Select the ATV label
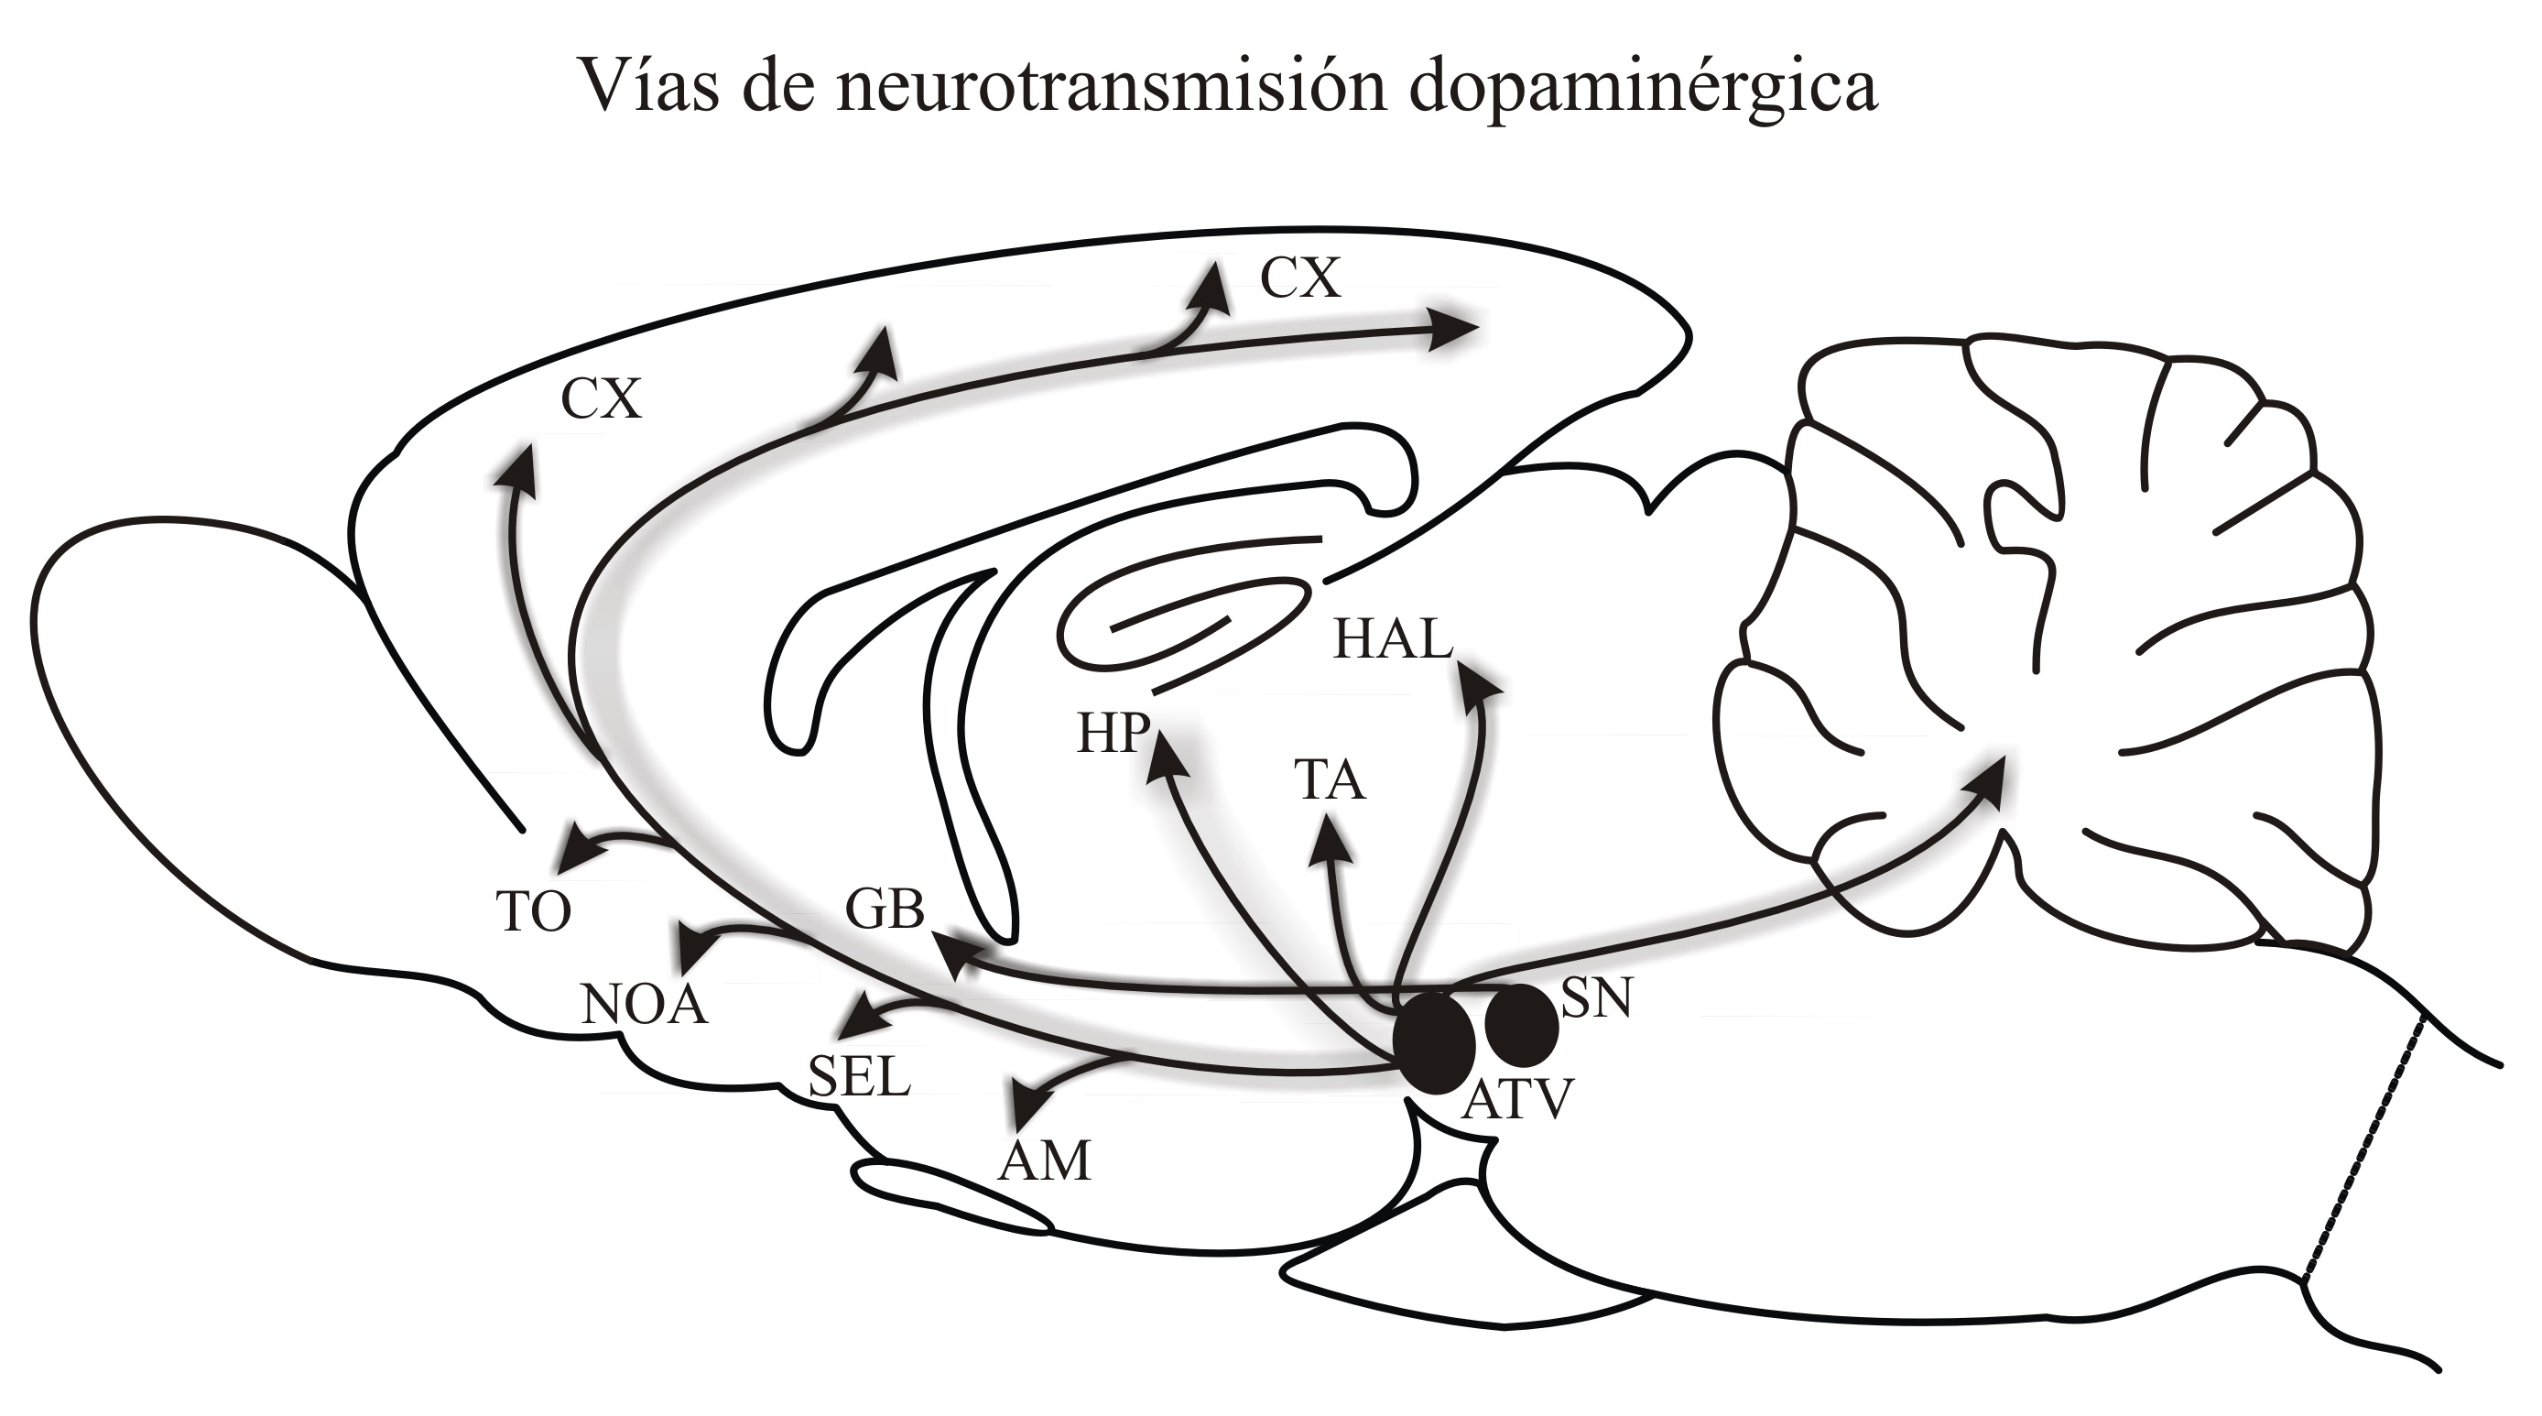(1516, 1099)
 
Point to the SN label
(1597, 997)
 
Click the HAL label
(1394, 639)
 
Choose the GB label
(885, 909)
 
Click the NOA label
(645, 1006)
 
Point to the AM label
(1045, 1161)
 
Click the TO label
(533, 910)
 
